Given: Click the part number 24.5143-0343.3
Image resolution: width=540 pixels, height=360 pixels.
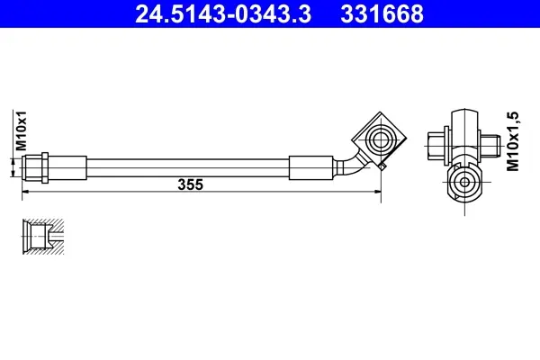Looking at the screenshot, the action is (223, 13).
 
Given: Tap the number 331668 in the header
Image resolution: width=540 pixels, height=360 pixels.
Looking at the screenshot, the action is (382, 13).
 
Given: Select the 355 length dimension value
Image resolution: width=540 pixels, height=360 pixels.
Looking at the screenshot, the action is (191, 184).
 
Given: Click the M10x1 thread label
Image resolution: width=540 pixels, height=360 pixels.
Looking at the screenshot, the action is (22, 130).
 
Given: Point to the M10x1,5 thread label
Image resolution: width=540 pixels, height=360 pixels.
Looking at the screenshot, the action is (512, 141).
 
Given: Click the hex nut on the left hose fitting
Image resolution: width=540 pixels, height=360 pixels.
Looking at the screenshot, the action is (45, 167).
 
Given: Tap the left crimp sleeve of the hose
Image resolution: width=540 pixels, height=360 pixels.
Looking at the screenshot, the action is (67, 167).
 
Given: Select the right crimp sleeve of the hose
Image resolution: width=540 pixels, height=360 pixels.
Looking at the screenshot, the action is (311, 167).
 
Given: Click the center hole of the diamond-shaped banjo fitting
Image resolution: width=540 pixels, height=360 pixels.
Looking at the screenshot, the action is (380, 139).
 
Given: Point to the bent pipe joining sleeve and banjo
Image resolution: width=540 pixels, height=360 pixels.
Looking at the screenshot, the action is (351, 165).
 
